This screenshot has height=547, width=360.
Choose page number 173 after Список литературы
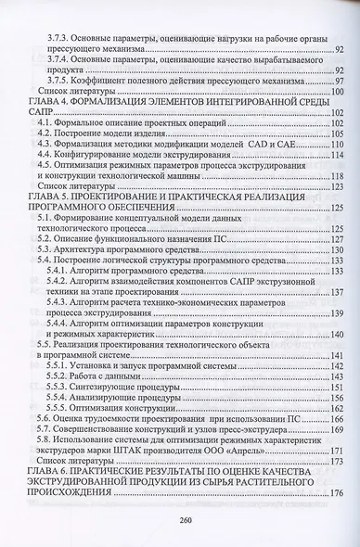pos(335,460)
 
